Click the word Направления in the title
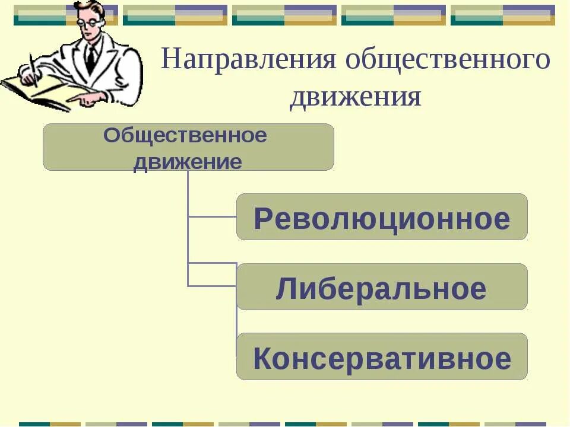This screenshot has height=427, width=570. click(x=248, y=61)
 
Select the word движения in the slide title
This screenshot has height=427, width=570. click(x=355, y=97)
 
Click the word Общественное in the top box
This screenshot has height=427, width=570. click(x=185, y=136)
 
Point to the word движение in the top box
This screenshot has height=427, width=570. click(x=188, y=162)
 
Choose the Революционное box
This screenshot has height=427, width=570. click(x=382, y=217)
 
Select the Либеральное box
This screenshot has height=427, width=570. click(x=382, y=287)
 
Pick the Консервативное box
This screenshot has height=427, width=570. click(x=382, y=356)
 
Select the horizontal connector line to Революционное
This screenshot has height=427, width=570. click(x=212, y=217)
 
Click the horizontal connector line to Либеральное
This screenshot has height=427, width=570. click(x=212, y=286)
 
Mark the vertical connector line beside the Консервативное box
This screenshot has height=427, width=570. click(x=237, y=332)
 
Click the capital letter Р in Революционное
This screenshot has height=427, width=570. click(x=262, y=219)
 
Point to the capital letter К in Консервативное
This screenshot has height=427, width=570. click(x=262, y=359)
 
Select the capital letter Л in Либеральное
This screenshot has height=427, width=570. click(x=286, y=289)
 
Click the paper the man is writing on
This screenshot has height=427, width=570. click(x=42, y=92)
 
